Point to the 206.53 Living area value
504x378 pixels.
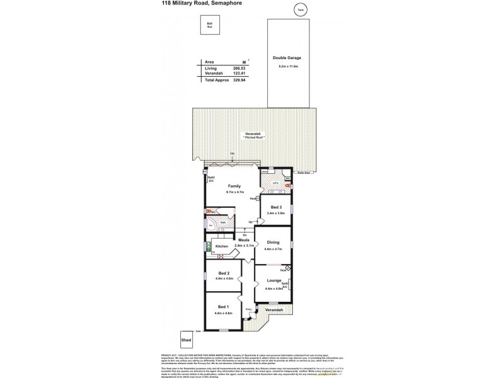[x=239, y=68]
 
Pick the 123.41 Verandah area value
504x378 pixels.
[x=239, y=74]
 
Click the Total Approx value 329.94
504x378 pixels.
[x=239, y=81]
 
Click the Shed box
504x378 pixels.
[x=186, y=339]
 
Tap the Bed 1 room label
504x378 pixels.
[x=223, y=306]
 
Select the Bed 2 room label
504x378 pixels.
[x=223, y=272]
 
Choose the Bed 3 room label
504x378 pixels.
[x=276, y=207]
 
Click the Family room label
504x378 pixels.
[x=234, y=186]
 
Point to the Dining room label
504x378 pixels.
[x=273, y=242]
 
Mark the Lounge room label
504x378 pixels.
[x=273, y=280]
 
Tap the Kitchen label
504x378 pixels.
[x=221, y=246]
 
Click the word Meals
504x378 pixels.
[x=244, y=240]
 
